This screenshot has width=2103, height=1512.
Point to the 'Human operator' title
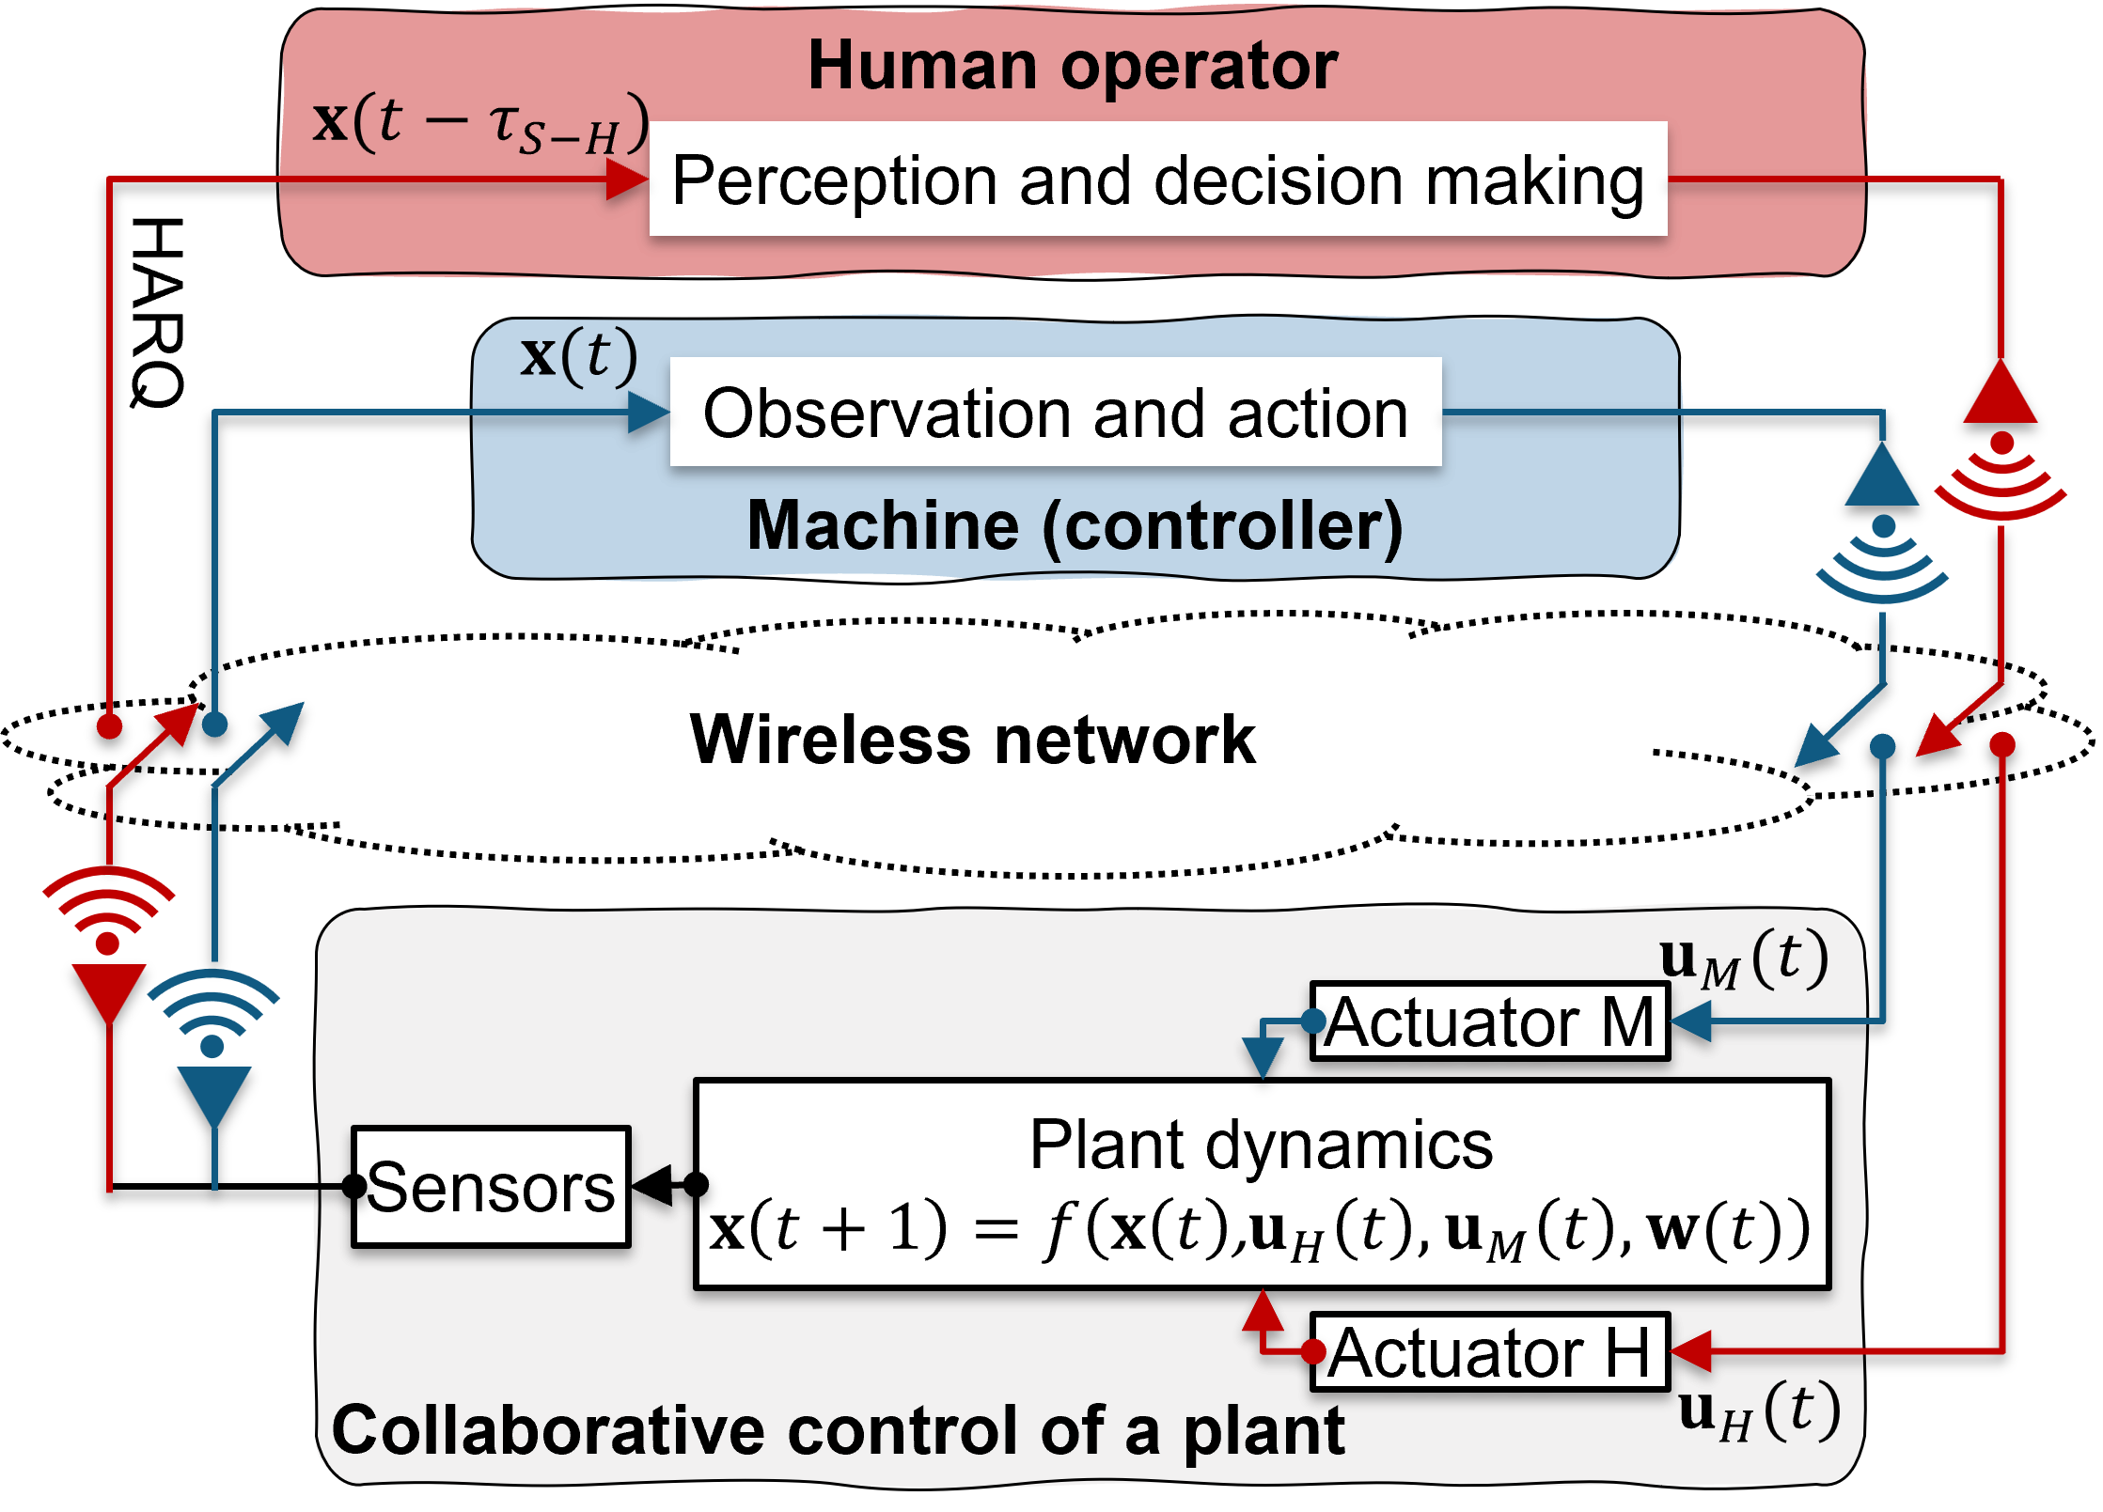(x=1073, y=66)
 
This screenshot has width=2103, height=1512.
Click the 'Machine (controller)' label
(x=1075, y=525)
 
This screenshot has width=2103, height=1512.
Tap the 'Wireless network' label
(x=972, y=740)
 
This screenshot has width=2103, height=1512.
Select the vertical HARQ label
(x=157, y=313)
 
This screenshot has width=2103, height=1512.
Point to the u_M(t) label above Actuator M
(x=1744, y=959)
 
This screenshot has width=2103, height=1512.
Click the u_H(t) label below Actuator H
(x=1759, y=1411)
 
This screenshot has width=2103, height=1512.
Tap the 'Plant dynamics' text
(x=1262, y=1145)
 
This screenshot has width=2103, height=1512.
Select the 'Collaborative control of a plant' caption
(x=839, y=1430)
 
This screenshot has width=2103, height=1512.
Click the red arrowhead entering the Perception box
(x=627, y=179)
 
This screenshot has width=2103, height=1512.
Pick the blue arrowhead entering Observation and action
(x=648, y=413)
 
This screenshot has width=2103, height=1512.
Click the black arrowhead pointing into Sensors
(x=652, y=1185)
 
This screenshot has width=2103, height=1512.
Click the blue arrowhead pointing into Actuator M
(x=1691, y=1021)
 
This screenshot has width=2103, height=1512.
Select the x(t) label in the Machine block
(x=579, y=356)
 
